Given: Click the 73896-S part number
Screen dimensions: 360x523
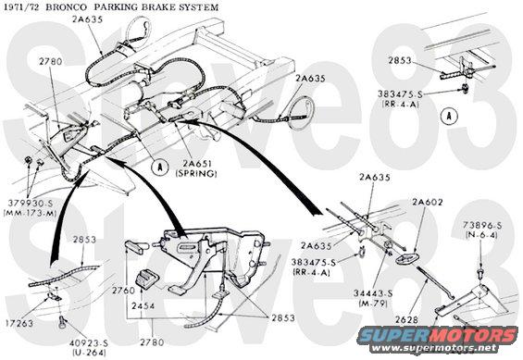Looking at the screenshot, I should tap(487, 225).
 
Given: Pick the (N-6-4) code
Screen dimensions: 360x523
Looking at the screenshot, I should tap(487, 235).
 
